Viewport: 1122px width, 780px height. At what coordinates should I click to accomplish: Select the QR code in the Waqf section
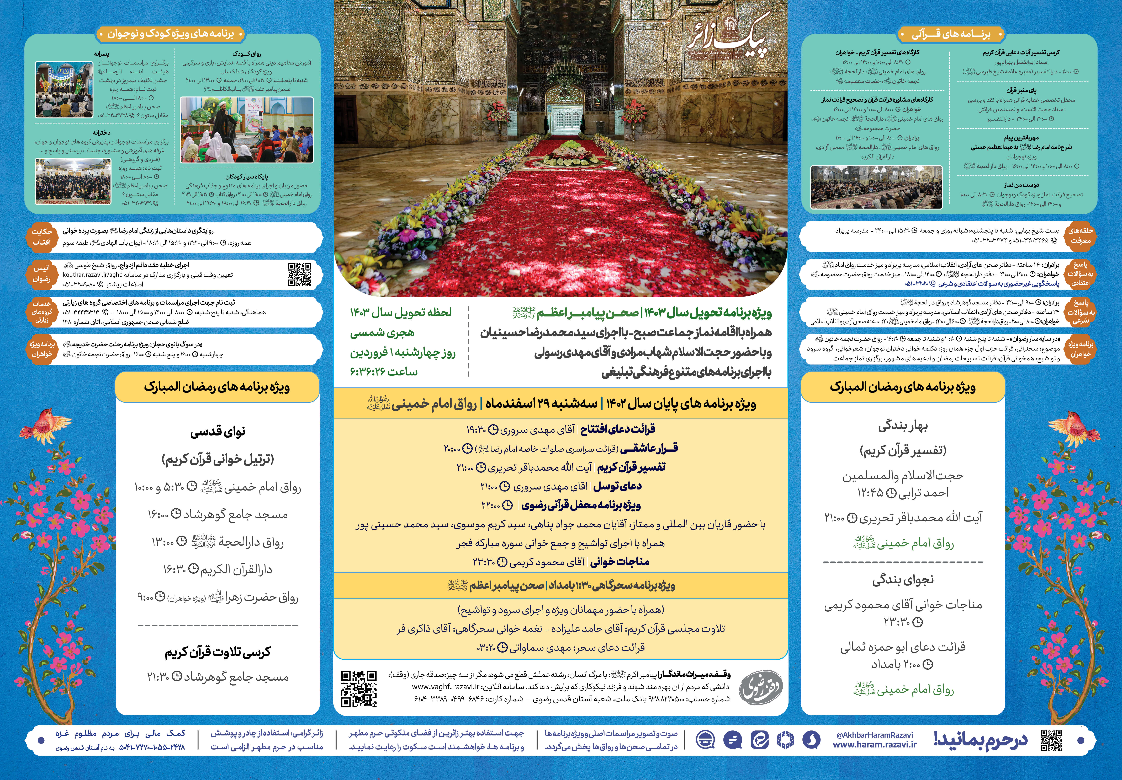coord(359,688)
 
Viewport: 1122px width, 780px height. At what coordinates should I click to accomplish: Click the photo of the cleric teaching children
coord(247,130)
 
